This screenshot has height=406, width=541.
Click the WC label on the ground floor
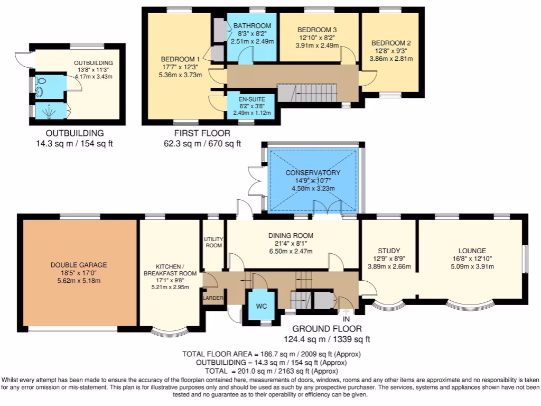click(x=261, y=306)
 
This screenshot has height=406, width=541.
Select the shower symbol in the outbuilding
click(x=49, y=111)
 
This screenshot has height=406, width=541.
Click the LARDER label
click(x=213, y=298)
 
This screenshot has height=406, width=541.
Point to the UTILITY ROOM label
click(x=213, y=242)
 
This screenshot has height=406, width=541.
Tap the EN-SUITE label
click(x=252, y=99)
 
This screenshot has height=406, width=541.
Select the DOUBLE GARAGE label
click(x=79, y=265)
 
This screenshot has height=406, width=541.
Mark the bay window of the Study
click(x=389, y=304)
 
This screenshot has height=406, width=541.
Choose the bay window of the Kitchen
click(x=170, y=332)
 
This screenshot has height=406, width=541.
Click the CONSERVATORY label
click(x=313, y=173)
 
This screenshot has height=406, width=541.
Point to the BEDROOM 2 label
click(x=391, y=43)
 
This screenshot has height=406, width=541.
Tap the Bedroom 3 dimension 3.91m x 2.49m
click(x=317, y=45)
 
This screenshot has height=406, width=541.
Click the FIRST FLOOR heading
click(x=202, y=133)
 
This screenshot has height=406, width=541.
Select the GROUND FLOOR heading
click(x=327, y=329)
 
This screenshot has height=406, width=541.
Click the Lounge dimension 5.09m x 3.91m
click(x=472, y=266)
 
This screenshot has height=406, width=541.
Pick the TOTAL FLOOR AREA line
click(x=271, y=354)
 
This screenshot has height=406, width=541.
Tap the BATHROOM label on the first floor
click(x=252, y=26)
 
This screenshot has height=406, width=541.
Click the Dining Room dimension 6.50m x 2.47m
click(x=291, y=251)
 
